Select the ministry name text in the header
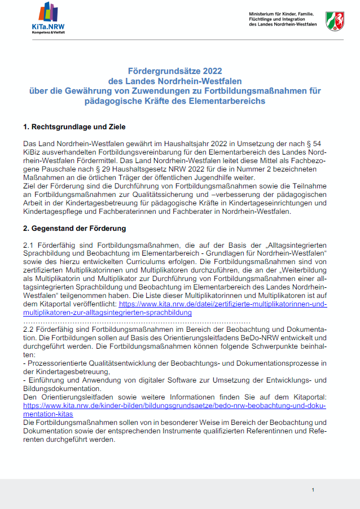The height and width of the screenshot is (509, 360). pos(280,18)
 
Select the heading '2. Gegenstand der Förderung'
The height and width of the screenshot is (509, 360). pos(74,229)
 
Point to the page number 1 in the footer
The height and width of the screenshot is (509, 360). pos(313,490)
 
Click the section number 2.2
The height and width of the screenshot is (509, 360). pos(28,329)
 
